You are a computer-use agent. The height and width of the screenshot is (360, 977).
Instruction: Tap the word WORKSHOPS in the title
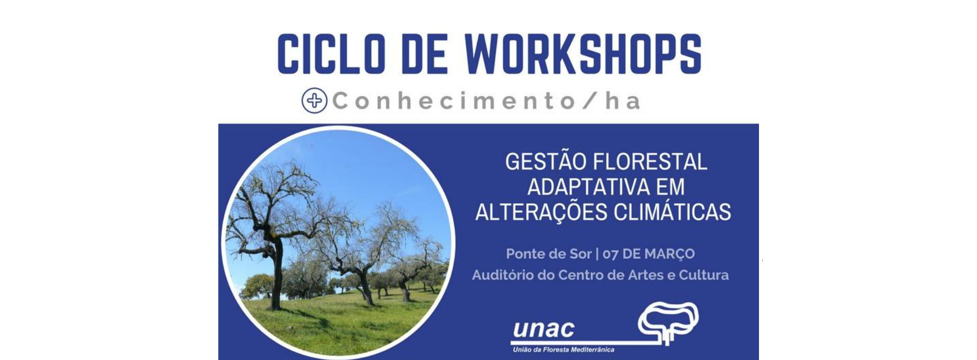coord(583,53)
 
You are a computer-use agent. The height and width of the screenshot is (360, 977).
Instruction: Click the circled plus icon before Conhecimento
coord(315,100)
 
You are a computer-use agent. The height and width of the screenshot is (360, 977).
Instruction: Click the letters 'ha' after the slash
coord(623,100)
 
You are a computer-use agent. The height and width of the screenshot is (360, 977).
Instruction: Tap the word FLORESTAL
coord(650,161)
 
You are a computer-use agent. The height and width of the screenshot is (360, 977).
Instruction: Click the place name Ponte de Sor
coord(549,254)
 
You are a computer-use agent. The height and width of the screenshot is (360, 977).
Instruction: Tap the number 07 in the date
coord(610,254)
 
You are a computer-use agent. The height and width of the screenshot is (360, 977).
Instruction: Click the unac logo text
coord(544,329)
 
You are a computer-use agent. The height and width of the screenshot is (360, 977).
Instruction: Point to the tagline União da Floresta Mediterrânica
coord(564,350)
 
